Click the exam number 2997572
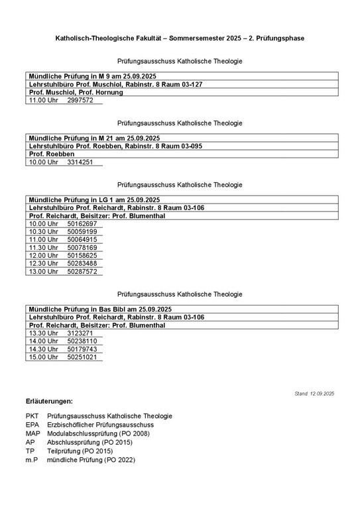click(80, 101)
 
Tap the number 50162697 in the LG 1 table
click(82, 224)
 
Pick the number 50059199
click(82, 232)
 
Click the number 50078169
click(82, 248)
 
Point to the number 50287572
click(82, 272)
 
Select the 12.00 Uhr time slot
click(43, 256)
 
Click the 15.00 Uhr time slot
click(43, 357)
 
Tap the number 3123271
click(80, 333)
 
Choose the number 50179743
click(82, 349)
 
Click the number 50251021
click(82, 357)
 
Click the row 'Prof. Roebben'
click(52, 154)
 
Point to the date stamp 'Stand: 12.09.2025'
click(314, 394)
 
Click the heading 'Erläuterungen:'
click(49, 402)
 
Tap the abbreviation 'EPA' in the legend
click(32, 425)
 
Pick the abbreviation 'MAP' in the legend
click(33, 433)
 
